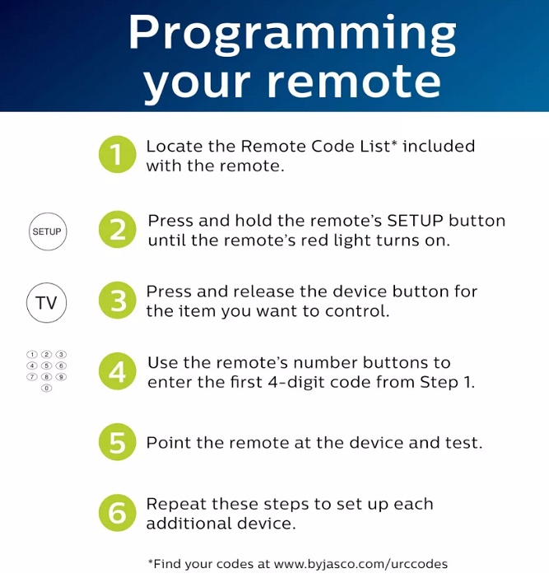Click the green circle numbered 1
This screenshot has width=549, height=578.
click(x=117, y=155)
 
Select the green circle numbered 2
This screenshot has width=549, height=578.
click(x=117, y=229)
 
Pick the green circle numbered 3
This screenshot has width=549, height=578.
click(x=117, y=300)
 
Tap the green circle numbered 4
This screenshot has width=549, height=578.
click(x=117, y=371)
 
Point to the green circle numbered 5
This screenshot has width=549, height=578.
click(x=117, y=441)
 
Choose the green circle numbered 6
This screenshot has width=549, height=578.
click(x=117, y=513)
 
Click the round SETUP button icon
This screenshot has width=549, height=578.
click(x=48, y=231)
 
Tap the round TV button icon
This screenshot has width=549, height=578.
click(x=46, y=303)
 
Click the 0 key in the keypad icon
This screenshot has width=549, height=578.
click(x=46, y=388)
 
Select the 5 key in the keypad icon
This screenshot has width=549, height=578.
click(x=46, y=366)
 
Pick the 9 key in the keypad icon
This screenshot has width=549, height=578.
click(x=61, y=377)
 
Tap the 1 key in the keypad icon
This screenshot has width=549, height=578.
click(x=32, y=355)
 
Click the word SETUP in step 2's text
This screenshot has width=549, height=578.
click(x=415, y=221)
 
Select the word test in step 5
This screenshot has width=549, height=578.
click(x=463, y=443)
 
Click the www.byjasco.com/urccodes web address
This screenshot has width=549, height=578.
click(x=361, y=564)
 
